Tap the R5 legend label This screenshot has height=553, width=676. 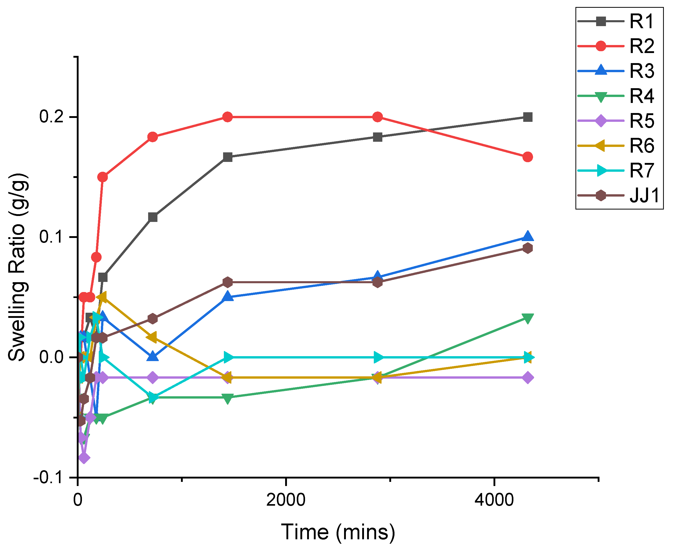click(x=642, y=121)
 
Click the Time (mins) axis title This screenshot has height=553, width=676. click(x=338, y=532)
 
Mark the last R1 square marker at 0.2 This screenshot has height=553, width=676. click(x=528, y=117)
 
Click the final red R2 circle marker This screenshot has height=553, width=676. click(x=528, y=157)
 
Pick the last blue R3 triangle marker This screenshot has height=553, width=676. click(x=528, y=236)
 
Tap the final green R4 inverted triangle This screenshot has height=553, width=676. click(x=528, y=318)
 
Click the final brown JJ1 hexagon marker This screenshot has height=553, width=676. click(x=528, y=248)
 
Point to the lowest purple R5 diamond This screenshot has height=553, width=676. click(x=84, y=458)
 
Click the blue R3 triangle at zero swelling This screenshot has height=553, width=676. click(x=153, y=356)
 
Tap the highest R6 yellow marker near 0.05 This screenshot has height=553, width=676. click(x=102, y=297)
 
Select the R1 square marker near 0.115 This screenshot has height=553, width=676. click(x=153, y=217)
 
